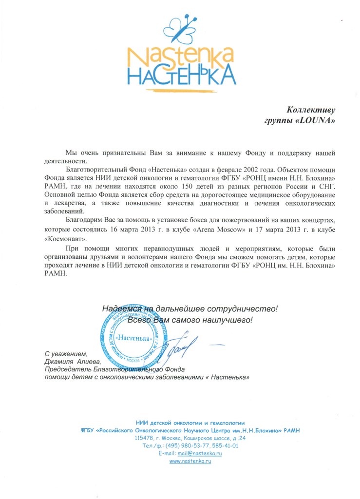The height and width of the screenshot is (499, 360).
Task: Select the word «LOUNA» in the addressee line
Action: (317, 119)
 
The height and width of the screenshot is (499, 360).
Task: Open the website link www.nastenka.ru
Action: (190, 461)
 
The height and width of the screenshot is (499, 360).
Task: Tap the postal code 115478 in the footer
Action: (145, 438)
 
